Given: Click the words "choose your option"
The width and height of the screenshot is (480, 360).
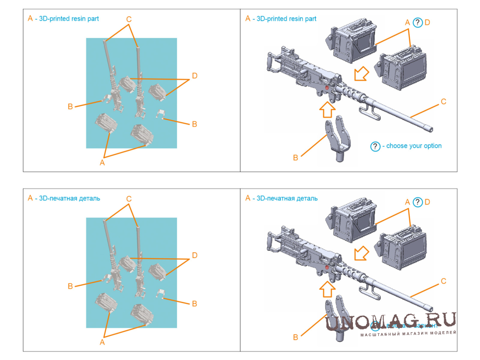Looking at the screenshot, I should coord(414,146).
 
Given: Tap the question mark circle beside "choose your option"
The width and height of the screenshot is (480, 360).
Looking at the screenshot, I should coord(375,146).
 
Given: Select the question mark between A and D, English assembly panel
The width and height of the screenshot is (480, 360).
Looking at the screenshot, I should coord(417,22).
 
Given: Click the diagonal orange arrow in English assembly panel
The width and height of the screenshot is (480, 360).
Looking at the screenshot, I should coord(360,73).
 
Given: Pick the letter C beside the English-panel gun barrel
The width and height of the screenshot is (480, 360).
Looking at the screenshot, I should coord(443,102).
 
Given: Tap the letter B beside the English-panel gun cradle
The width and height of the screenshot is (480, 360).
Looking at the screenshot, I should coord(296,158).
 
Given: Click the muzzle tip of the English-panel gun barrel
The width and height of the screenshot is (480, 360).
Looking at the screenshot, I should coord(430,129).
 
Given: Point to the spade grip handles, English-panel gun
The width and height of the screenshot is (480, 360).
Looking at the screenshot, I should coord(271,64).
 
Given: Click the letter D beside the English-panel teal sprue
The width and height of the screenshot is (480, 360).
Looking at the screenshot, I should coord(194,76).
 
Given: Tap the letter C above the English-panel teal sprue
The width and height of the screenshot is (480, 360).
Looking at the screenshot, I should coord(128,19).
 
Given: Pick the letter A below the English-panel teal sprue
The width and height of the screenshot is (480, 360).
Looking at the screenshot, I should coord(102,162).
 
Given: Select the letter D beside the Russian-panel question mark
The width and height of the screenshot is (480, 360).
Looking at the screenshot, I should coord(427,202).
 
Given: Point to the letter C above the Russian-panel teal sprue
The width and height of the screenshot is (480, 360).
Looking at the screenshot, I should coord(128,199).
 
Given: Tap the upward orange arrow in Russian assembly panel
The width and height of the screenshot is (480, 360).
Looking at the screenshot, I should coord(328,288).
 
